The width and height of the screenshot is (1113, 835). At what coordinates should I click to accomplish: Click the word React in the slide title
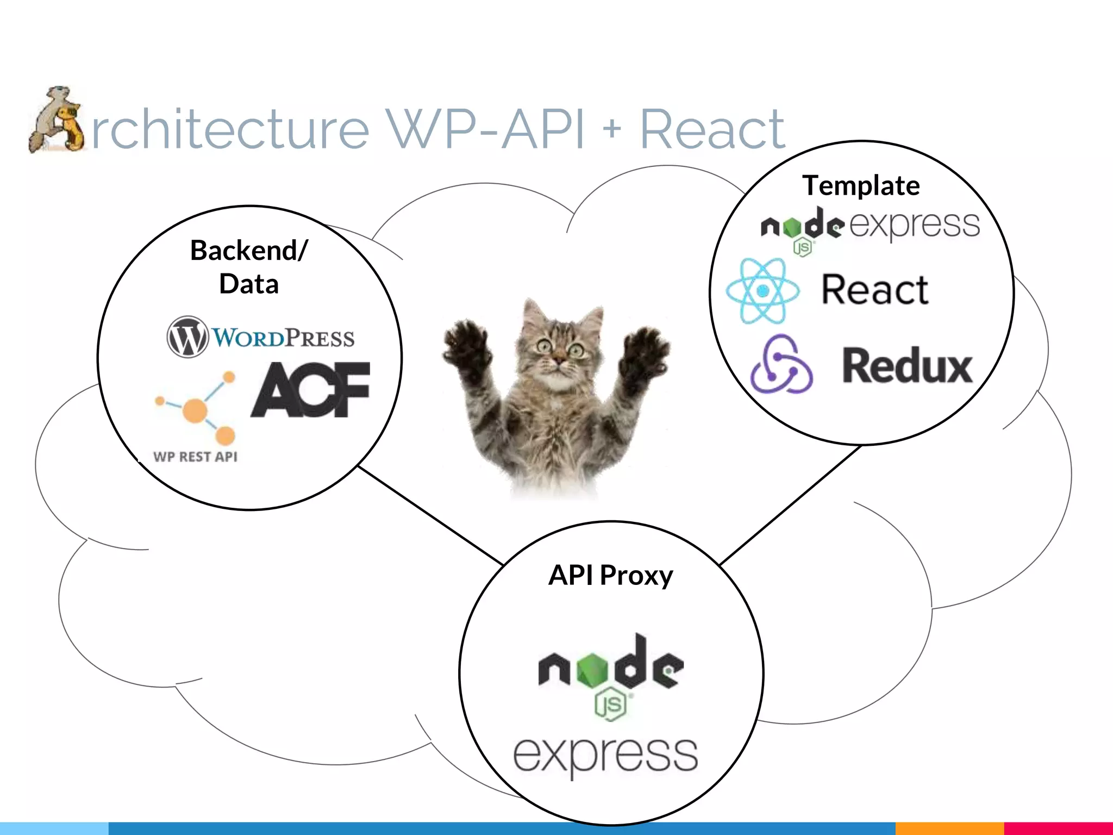click(712, 129)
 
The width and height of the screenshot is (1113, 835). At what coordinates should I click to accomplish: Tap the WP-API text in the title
click(485, 129)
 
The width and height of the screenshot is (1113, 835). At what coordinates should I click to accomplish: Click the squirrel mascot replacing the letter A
click(57, 120)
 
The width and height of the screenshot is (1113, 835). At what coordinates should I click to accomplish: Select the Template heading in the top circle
click(861, 185)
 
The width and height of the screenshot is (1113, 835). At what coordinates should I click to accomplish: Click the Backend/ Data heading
click(249, 267)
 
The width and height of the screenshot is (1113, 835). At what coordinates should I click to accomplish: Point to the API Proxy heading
click(611, 575)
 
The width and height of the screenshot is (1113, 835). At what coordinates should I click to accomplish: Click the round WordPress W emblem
click(187, 337)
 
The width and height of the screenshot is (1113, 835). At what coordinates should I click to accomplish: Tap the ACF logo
click(310, 390)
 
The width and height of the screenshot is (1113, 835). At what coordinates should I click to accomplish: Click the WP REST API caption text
click(195, 457)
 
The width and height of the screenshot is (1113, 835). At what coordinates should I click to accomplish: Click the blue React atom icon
click(763, 291)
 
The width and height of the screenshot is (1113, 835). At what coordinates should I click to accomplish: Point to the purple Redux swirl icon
click(781, 364)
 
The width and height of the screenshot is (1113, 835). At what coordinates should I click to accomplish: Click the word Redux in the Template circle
click(906, 366)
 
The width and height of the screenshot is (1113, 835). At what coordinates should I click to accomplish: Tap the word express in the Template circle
click(915, 225)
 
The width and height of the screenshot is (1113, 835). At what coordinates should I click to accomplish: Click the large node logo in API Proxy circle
click(611, 669)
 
